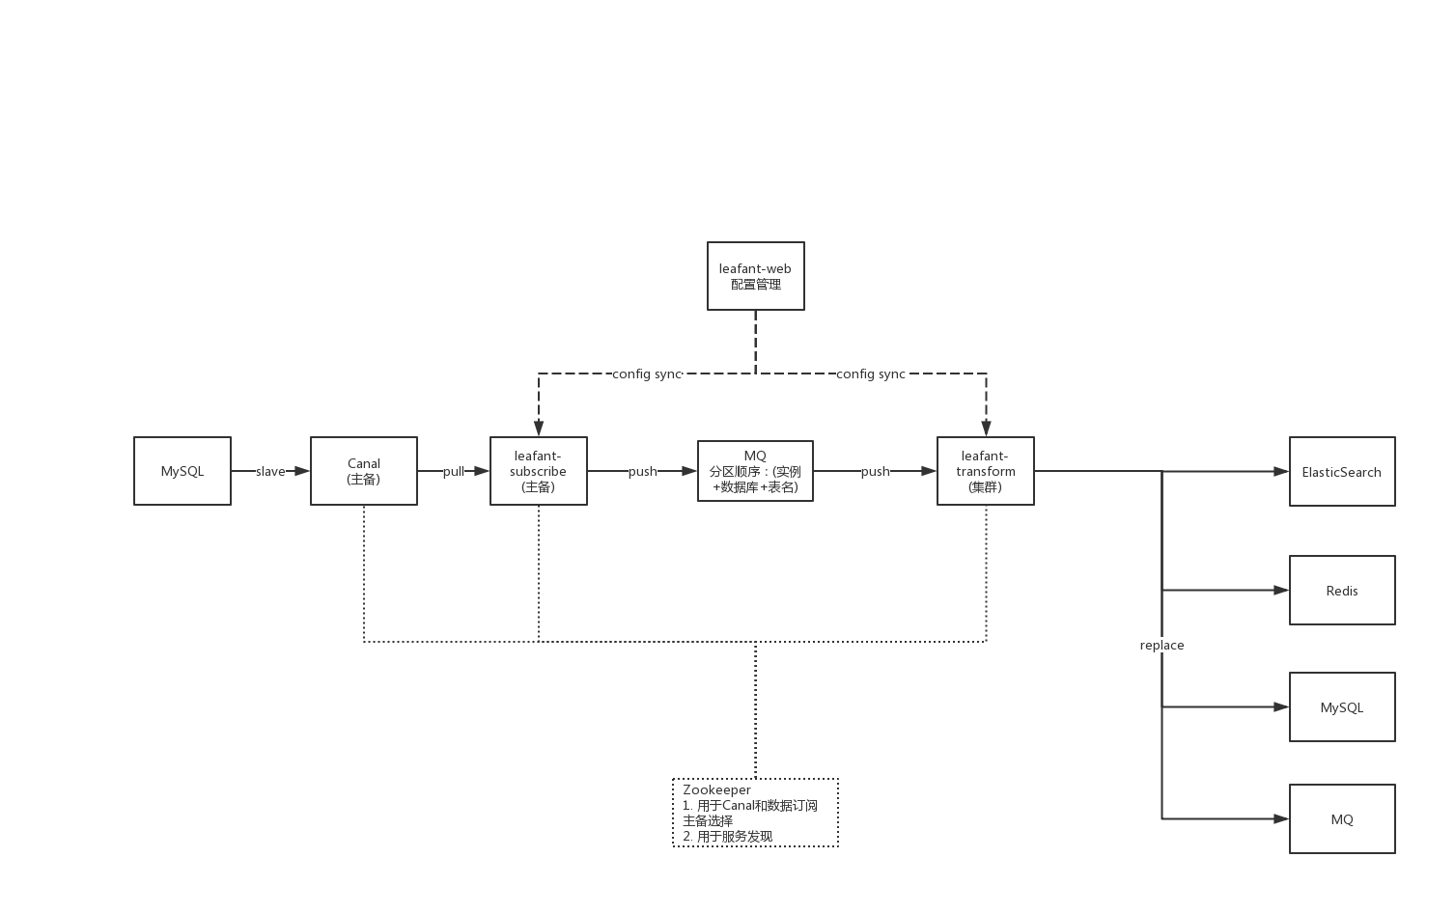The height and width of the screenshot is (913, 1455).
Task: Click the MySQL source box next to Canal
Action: (x=182, y=471)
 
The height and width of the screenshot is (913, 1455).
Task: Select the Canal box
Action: (x=364, y=471)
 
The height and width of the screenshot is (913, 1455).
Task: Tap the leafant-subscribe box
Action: (x=539, y=471)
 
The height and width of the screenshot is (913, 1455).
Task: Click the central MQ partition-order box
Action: (x=755, y=471)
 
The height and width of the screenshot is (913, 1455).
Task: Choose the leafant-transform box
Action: (x=986, y=471)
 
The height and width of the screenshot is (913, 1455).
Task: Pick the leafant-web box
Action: (x=756, y=276)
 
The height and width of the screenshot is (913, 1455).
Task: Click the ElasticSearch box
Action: (x=1342, y=471)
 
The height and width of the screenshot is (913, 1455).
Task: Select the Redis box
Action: (x=1342, y=590)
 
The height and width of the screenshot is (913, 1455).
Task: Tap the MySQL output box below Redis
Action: (x=1342, y=706)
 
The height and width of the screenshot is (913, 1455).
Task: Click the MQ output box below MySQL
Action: (x=1342, y=818)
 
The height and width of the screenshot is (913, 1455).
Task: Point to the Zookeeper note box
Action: (x=755, y=813)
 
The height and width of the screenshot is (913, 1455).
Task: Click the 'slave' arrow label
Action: (x=270, y=471)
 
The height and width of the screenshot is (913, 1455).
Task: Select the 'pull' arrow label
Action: (x=454, y=471)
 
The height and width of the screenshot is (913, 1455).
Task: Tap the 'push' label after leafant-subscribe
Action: (x=643, y=471)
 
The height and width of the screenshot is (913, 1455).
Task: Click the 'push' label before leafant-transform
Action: (x=876, y=471)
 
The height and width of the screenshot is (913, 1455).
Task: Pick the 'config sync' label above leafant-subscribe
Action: (x=647, y=373)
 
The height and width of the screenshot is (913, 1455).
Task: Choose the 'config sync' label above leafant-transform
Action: (x=871, y=373)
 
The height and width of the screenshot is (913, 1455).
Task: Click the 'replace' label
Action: (x=1161, y=645)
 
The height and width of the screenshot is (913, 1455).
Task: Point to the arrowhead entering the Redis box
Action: (x=1282, y=590)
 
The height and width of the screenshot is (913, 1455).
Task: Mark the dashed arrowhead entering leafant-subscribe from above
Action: (x=539, y=429)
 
